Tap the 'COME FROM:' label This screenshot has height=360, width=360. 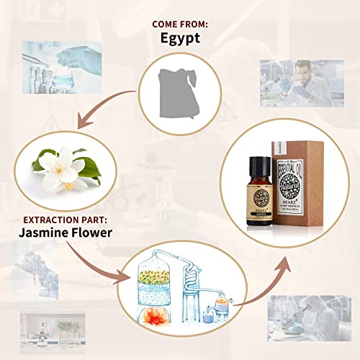coord(179,23)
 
